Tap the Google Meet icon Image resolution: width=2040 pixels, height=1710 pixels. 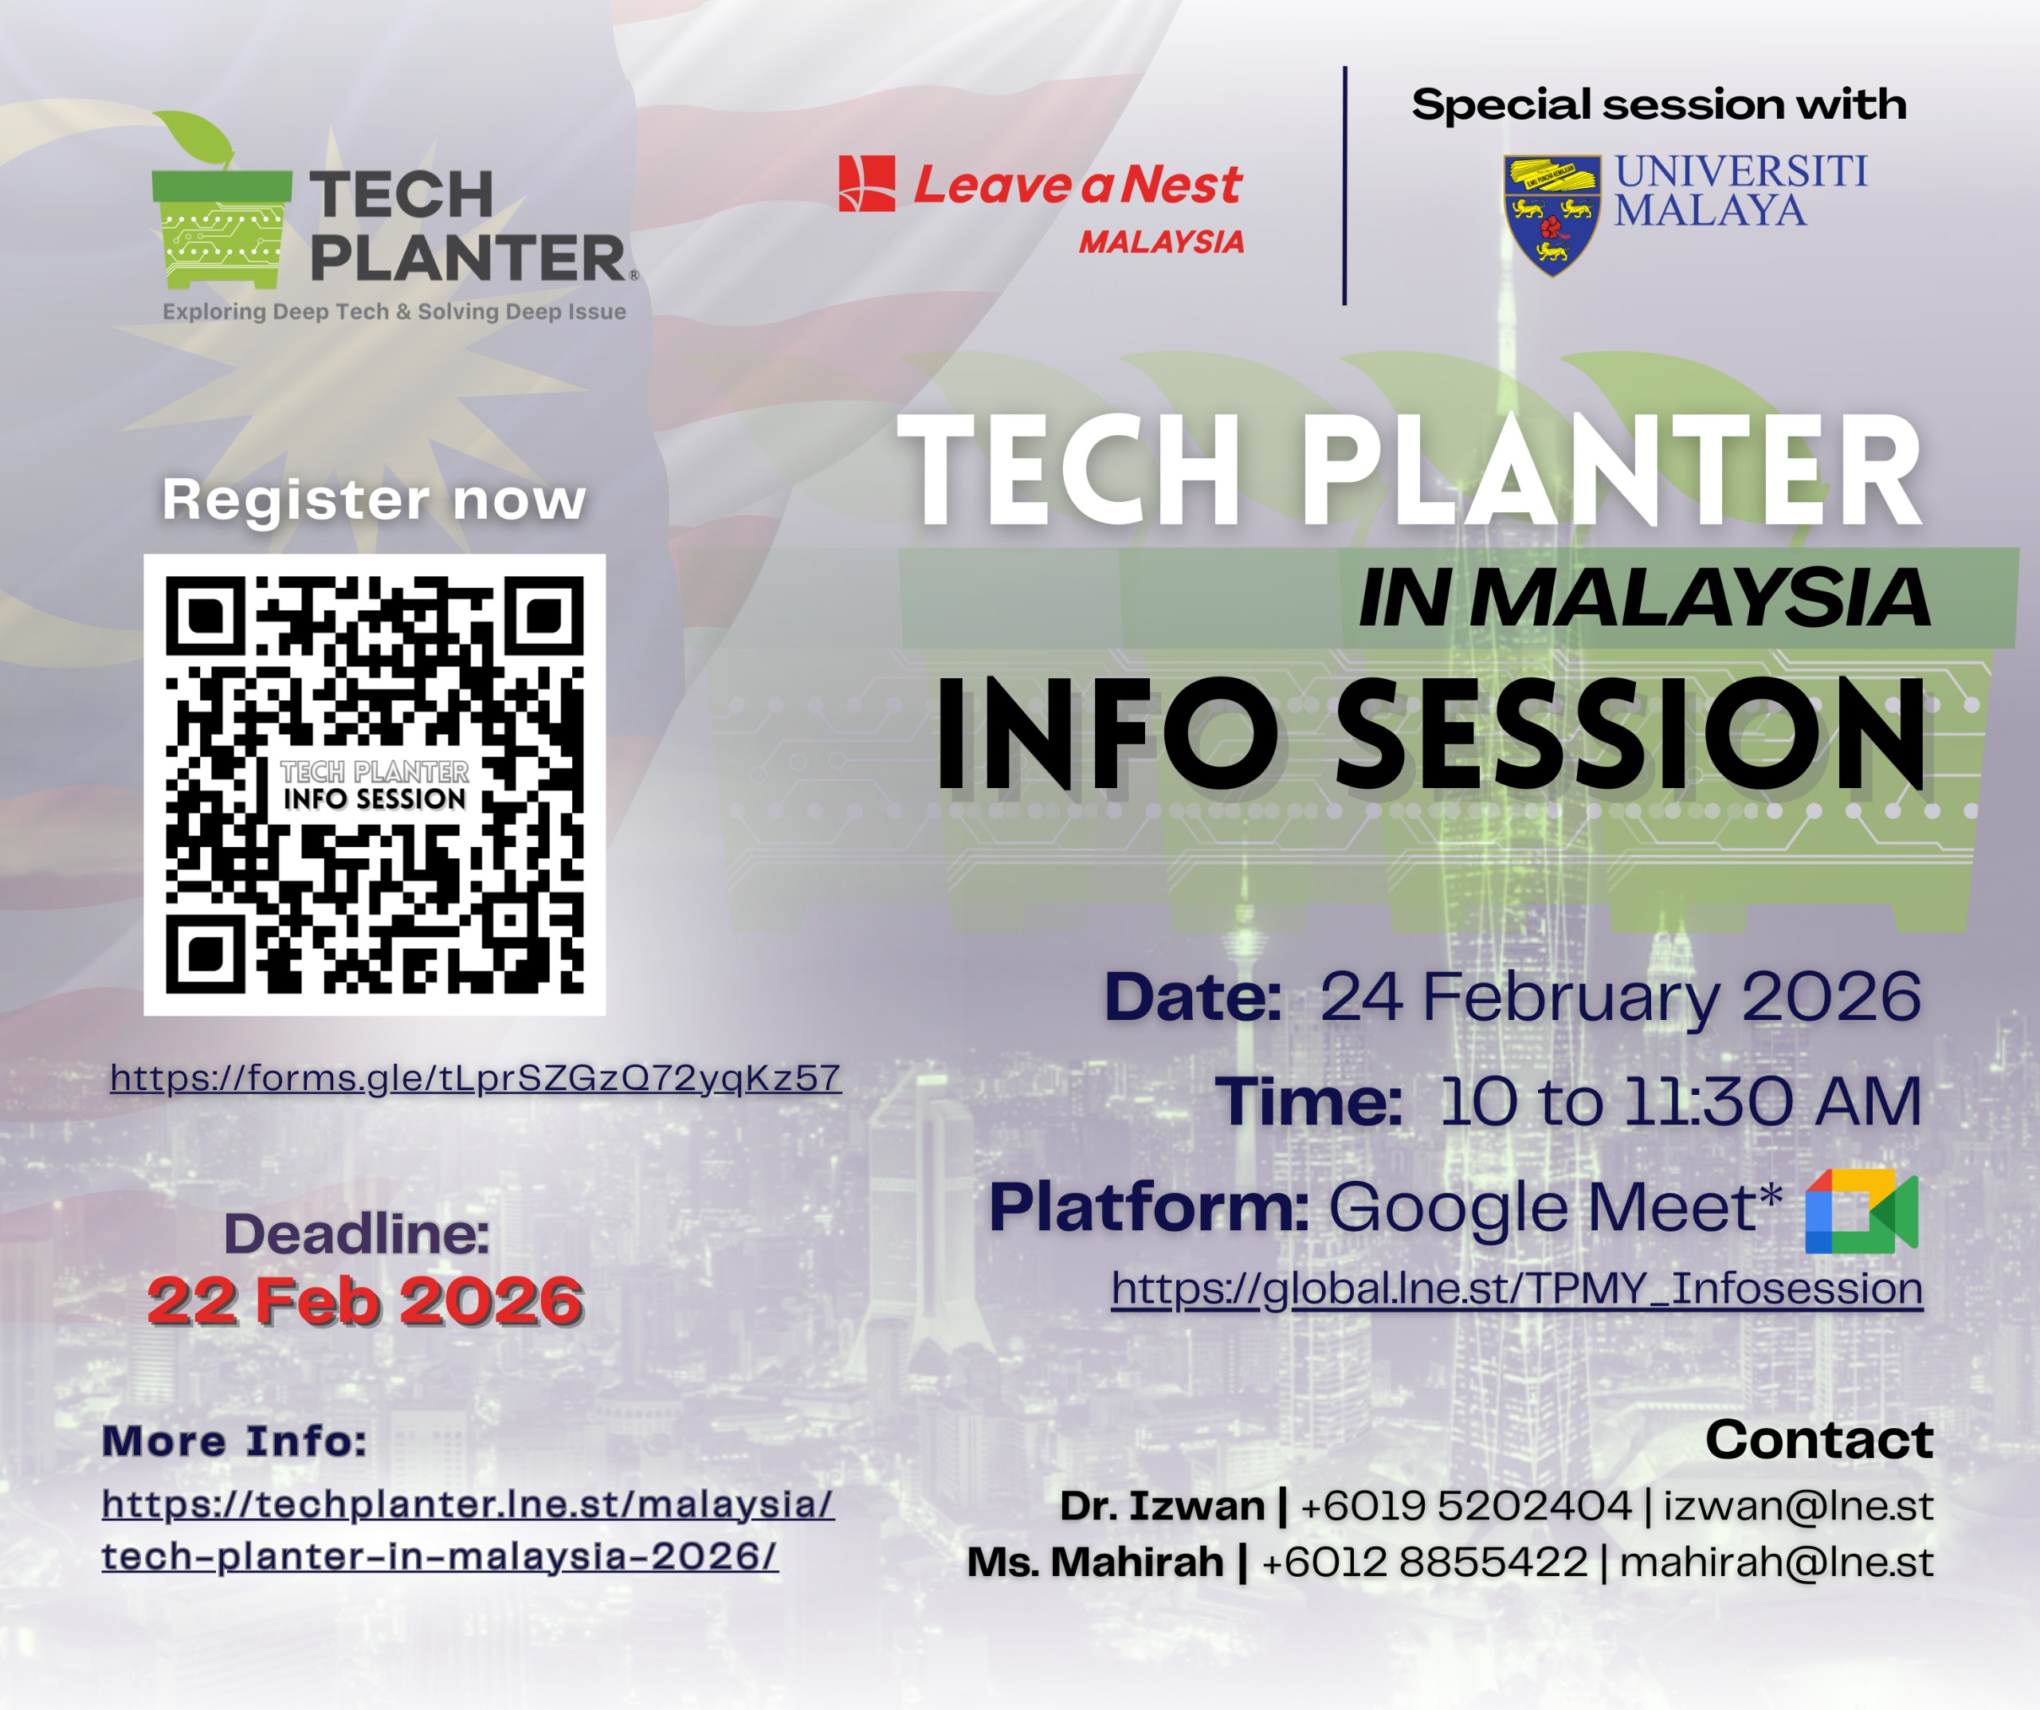[1861, 1210]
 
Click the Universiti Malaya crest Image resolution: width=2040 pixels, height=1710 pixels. [1552, 214]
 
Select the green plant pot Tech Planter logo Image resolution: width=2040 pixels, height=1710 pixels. [222, 200]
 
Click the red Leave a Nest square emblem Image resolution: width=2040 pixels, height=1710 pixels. [866, 182]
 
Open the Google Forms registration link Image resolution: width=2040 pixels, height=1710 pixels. [475, 1077]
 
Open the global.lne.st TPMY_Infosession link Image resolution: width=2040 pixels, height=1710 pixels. [1516, 1288]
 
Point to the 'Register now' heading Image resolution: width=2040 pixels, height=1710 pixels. [374, 500]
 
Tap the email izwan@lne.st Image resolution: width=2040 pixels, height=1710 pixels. [1798, 1506]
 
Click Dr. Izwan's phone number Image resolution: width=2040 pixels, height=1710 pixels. [1466, 1506]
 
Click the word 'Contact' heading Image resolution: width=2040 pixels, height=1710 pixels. [1819, 1439]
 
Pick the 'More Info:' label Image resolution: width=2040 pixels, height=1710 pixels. [234, 1441]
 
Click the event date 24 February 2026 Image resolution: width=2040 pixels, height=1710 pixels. [1620, 997]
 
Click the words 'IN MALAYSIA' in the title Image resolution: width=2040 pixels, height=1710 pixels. [1645, 598]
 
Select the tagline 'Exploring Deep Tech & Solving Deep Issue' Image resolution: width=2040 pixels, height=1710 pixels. [394, 312]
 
